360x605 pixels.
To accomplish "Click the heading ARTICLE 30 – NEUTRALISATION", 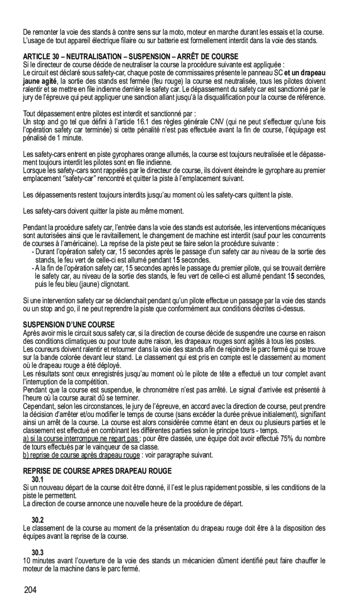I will (130, 56).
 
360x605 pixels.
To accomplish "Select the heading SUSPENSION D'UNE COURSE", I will (69, 324).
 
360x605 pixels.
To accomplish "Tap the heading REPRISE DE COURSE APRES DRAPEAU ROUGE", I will (97, 471).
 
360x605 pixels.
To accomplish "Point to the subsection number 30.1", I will (38, 479).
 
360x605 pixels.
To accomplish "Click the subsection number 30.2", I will (38, 519).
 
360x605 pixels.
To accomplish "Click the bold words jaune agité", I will (40, 81).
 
